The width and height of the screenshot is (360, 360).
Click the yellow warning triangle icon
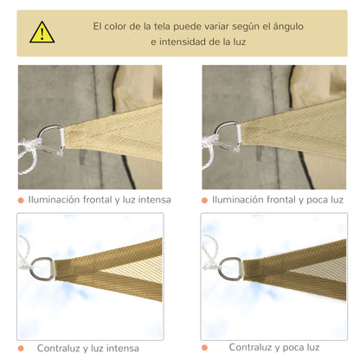tap(42, 33)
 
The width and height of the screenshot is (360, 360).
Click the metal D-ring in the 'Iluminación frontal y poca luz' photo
tap(227, 135)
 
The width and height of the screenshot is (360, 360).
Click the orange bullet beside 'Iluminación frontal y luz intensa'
tap(21, 200)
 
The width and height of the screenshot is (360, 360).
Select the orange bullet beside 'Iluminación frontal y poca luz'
tap(205, 200)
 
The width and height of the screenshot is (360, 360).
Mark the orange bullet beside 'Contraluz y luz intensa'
tap(21, 346)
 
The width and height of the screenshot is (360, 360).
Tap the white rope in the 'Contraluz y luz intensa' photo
tap(23, 251)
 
